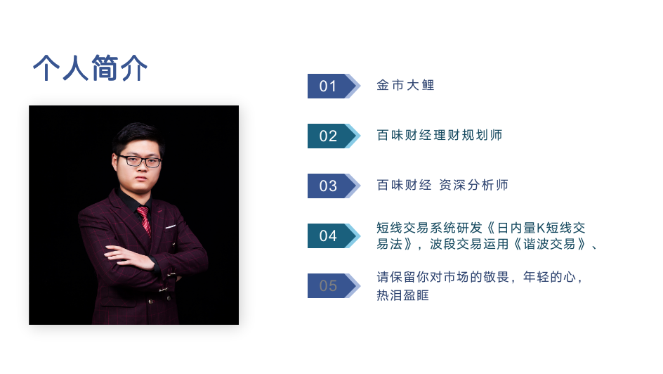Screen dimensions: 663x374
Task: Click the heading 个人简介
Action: coord(90,67)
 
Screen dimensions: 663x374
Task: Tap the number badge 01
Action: coord(334,86)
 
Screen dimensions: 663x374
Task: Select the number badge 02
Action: coord(334,136)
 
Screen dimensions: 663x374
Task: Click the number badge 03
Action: coord(334,186)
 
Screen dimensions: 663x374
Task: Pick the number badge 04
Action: coord(334,236)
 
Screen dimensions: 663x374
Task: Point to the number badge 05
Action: coord(334,285)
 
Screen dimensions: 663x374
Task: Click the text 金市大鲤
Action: coord(405,85)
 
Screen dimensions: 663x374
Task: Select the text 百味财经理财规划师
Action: coord(440,135)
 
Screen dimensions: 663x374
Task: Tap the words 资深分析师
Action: coord(473,185)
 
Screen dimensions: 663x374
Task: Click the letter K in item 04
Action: coord(541,228)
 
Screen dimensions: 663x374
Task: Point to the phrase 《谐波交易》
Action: coord(549,244)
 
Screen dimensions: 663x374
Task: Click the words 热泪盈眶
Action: coord(402,295)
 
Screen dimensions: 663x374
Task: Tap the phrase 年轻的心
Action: coord(549,277)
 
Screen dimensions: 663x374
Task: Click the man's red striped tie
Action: coord(144,220)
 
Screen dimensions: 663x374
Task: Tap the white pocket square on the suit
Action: coord(170,226)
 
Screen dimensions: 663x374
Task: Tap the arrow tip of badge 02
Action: coord(360,136)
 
